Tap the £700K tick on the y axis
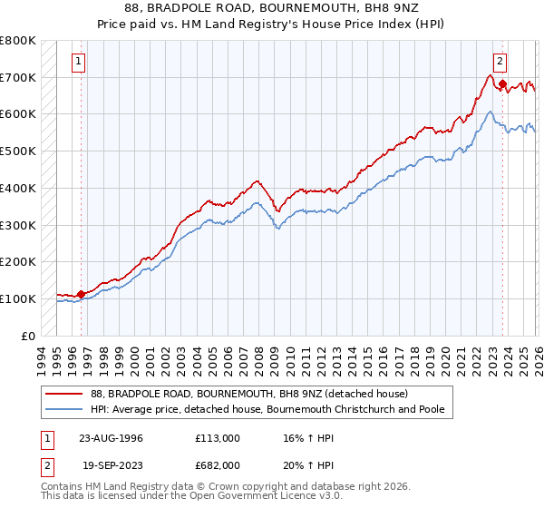coord(18,78)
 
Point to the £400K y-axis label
coord(18,188)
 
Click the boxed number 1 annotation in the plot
coord(80,62)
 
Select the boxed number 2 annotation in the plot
coord(500,62)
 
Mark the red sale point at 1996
coord(82,294)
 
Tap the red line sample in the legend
coord(64,394)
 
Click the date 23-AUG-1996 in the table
coord(110,437)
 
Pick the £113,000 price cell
coord(218,437)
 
